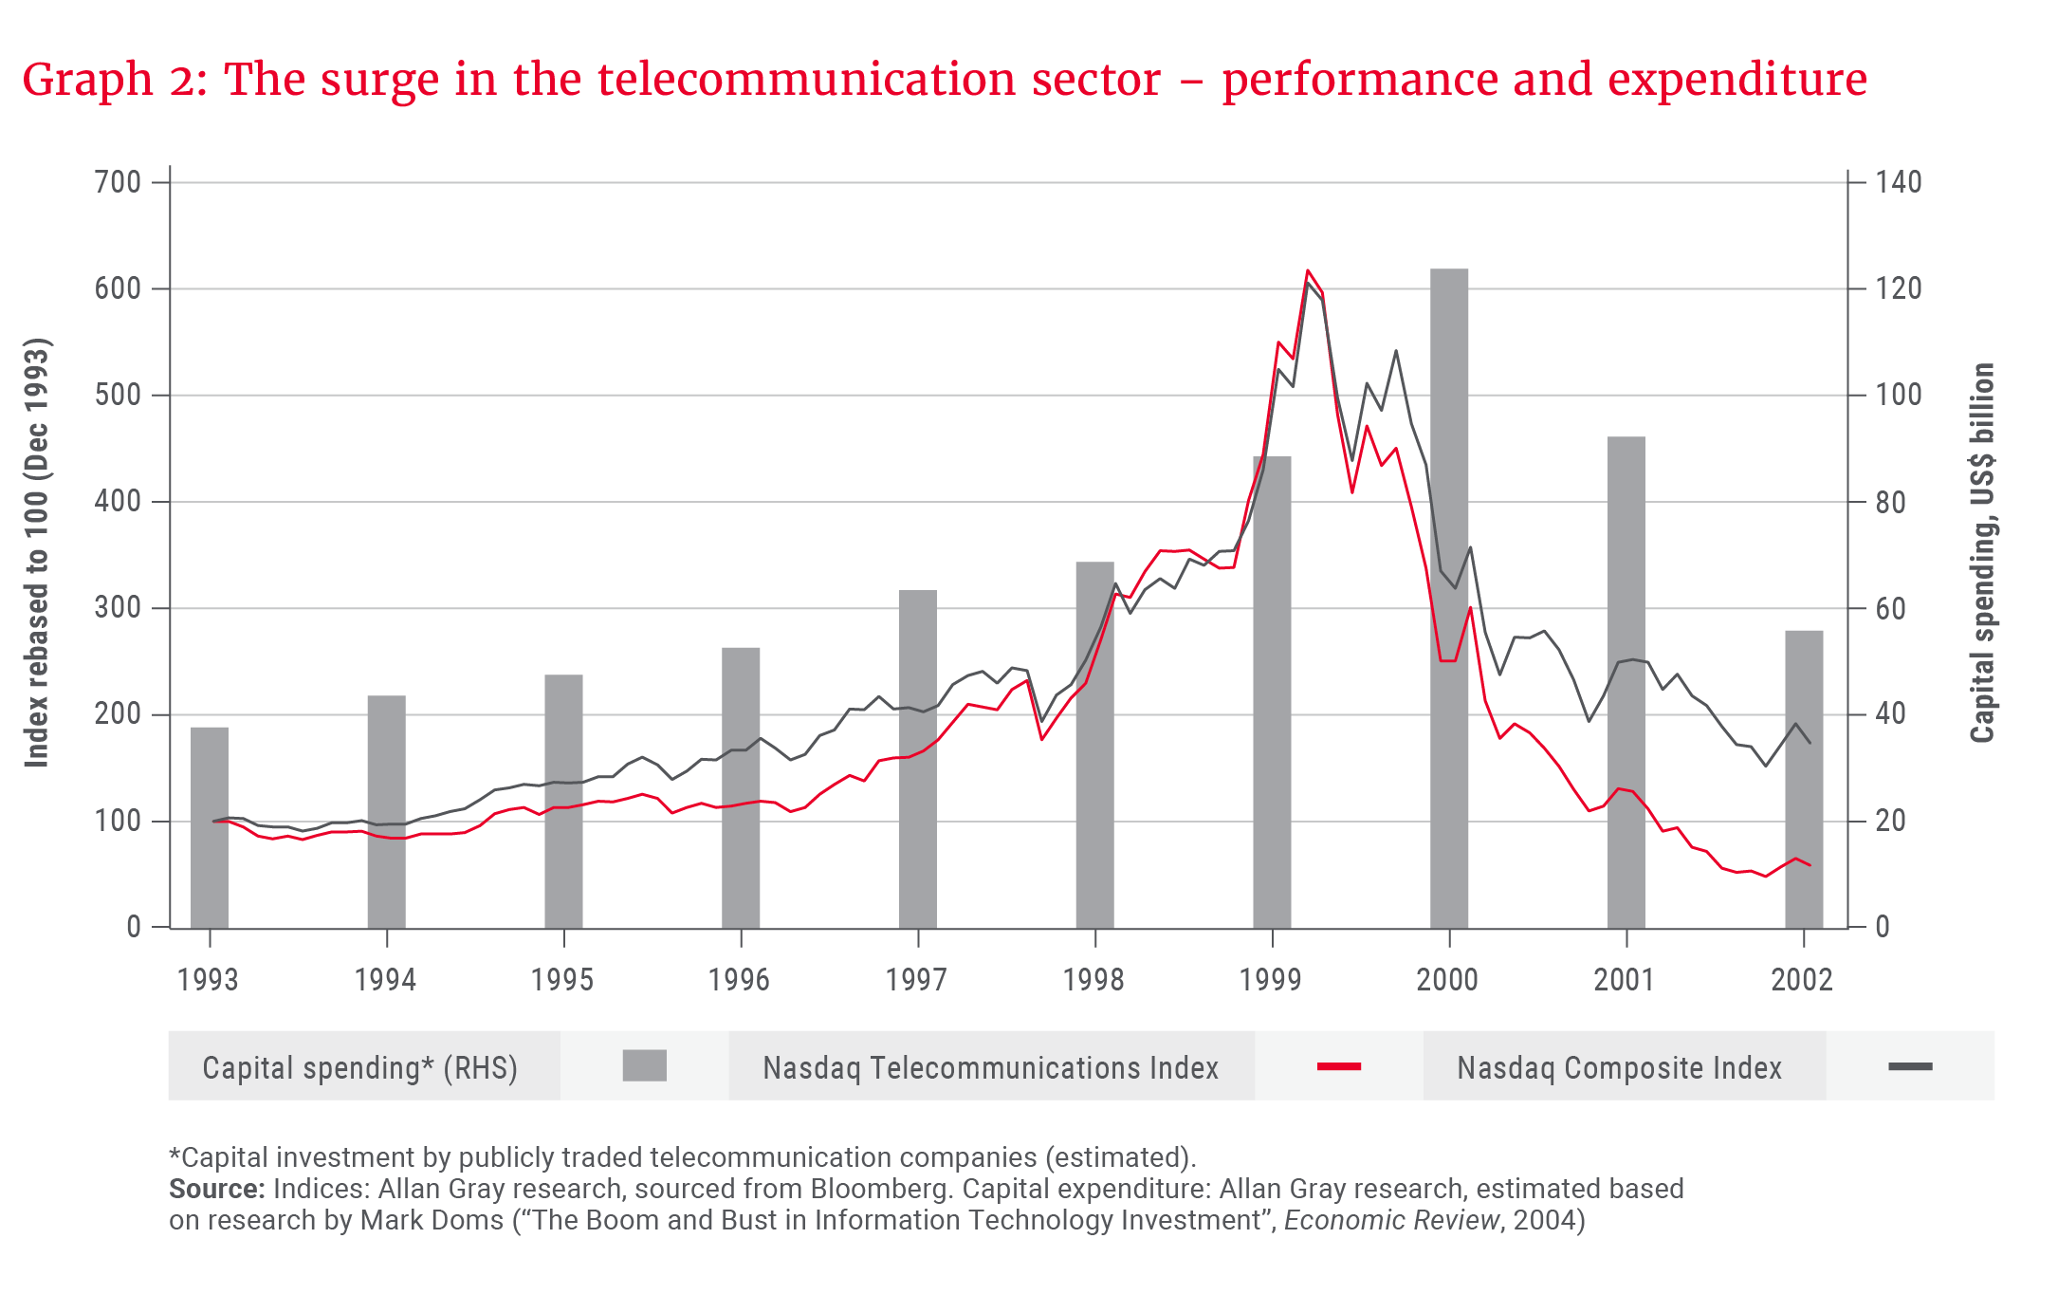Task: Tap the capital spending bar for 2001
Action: click(1626, 683)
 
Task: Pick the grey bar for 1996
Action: click(741, 787)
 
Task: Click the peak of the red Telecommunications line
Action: click(1308, 271)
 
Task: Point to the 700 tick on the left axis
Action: click(118, 182)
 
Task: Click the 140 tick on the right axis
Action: click(1898, 182)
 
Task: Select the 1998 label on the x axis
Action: click(1093, 980)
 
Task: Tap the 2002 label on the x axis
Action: click(1801, 980)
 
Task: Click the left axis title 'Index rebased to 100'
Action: click(36, 552)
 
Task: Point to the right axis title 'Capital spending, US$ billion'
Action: click(1982, 552)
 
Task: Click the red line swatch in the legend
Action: click(1338, 1067)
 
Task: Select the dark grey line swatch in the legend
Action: click(1909, 1067)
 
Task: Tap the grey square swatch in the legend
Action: click(644, 1066)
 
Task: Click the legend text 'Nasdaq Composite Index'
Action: click(1619, 1068)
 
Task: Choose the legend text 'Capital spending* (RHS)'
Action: click(360, 1068)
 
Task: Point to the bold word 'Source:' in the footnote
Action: click(216, 1189)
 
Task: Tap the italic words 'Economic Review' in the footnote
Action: click(1391, 1220)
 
